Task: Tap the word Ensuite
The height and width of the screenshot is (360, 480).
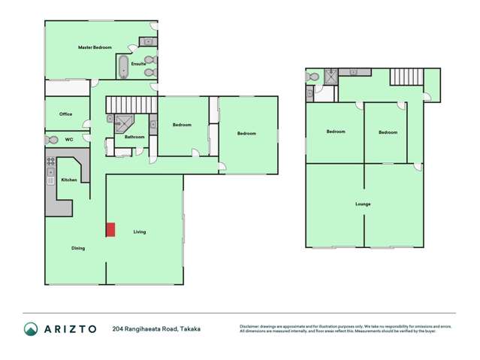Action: coord(138,64)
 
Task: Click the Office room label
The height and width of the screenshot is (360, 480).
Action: coord(66,114)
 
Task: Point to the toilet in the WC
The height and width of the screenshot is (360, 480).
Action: coord(52,140)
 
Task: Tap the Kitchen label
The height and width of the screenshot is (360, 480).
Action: coord(69,180)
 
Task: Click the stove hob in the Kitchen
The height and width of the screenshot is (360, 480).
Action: coord(52,162)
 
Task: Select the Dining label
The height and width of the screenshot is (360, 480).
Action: coord(78,248)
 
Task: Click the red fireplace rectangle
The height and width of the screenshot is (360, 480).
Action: coord(110,230)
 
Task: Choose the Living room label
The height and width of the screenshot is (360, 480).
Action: coord(140,231)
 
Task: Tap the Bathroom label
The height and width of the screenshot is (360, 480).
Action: coord(134,137)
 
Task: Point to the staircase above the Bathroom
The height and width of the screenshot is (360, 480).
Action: coord(131,104)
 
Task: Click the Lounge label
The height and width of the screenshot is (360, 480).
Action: coord(364,204)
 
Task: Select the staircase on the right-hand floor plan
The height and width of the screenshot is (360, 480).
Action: coord(406,77)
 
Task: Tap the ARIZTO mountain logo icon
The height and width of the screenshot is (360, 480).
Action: coord(31,328)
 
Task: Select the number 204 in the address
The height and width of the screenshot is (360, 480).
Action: coord(118,328)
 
